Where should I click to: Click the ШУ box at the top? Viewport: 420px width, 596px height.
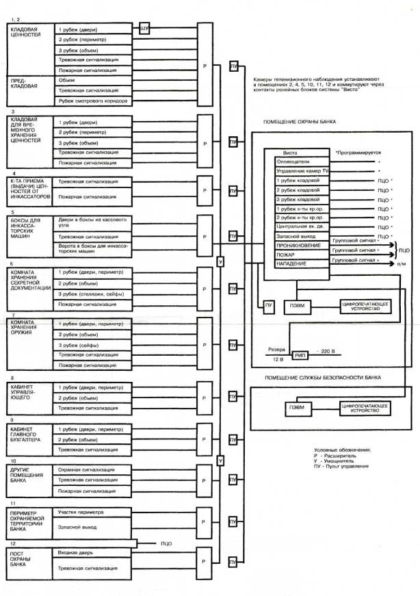[x=144, y=28]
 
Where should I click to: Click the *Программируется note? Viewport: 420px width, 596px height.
[x=358, y=152]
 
